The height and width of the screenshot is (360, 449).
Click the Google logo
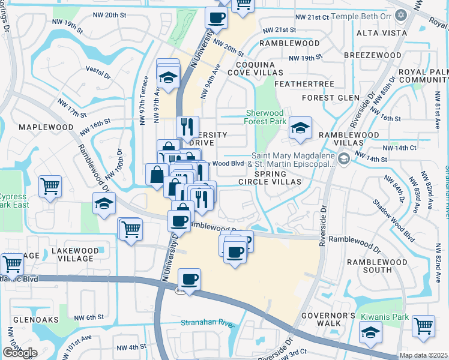click(x=20, y=353)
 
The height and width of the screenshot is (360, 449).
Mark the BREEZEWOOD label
click(x=373, y=55)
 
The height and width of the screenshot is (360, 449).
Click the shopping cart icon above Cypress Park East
click(x=50, y=185)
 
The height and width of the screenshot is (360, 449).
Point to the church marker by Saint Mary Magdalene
click(x=343, y=159)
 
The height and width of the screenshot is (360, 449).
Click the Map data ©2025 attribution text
click(x=424, y=355)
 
